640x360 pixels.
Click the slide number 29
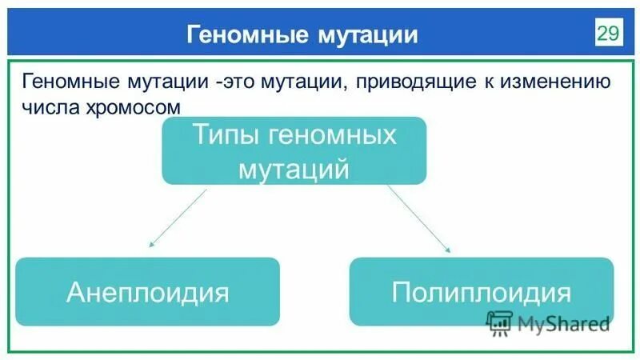click(607, 33)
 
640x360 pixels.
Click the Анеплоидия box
click(148, 291)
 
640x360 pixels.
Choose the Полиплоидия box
click(482, 291)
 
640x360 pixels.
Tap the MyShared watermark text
click(563, 323)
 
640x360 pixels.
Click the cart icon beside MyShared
click(500, 322)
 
